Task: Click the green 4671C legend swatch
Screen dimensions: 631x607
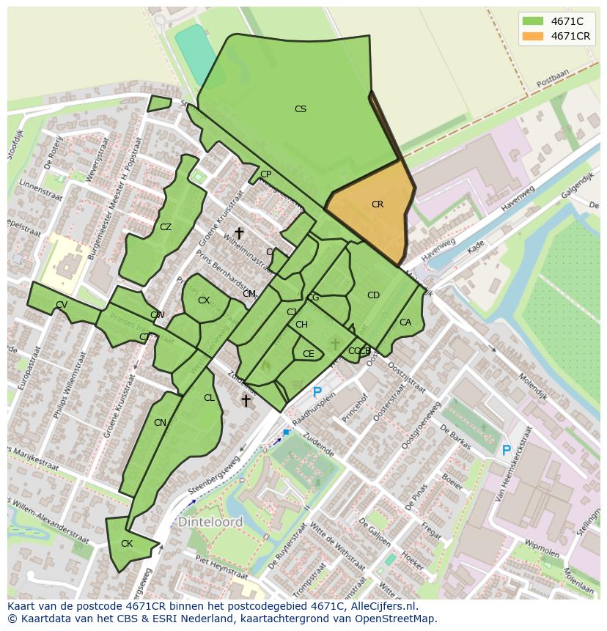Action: (x=532, y=21)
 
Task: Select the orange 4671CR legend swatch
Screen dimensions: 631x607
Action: (x=532, y=36)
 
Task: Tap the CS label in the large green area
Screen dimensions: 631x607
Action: (x=300, y=109)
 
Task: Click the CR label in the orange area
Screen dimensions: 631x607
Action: (x=377, y=204)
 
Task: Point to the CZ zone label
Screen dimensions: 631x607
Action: (x=166, y=227)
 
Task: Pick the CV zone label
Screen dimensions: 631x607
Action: (x=62, y=305)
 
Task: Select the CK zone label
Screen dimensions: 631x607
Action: (x=127, y=544)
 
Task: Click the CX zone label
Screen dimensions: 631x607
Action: (x=204, y=300)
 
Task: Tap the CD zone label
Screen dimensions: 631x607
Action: (x=373, y=295)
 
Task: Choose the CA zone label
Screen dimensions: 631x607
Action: (x=405, y=322)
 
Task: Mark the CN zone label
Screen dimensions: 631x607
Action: (x=160, y=423)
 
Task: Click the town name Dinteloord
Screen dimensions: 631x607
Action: (x=210, y=523)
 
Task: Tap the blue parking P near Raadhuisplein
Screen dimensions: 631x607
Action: (x=317, y=393)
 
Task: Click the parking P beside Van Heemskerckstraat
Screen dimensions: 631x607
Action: (x=506, y=451)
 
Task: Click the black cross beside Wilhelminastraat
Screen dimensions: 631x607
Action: (x=239, y=233)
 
